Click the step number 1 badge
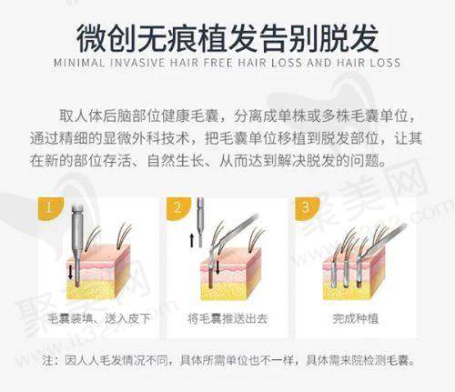pyautogui.click(x=50, y=208)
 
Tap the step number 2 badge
pyautogui.click(x=178, y=208)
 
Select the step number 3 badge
pyautogui.click(x=306, y=208)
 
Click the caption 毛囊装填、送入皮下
pyautogui.click(x=99, y=318)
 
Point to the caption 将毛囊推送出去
pyautogui.click(x=227, y=318)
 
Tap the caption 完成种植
pyautogui.click(x=355, y=318)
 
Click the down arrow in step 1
pyautogui.click(x=70, y=272)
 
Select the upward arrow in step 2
pyautogui.click(x=192, y=240)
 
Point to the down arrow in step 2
pyautogui.click(x=217, y=266)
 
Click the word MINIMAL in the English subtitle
pyautogui.click(x=79, y=63)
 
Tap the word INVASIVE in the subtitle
pyautogui.click(x=137, y=63)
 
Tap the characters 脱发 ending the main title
pyautogui.click(x=349, y=38)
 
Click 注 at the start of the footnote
pyautogui.click(x=48, y=360)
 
